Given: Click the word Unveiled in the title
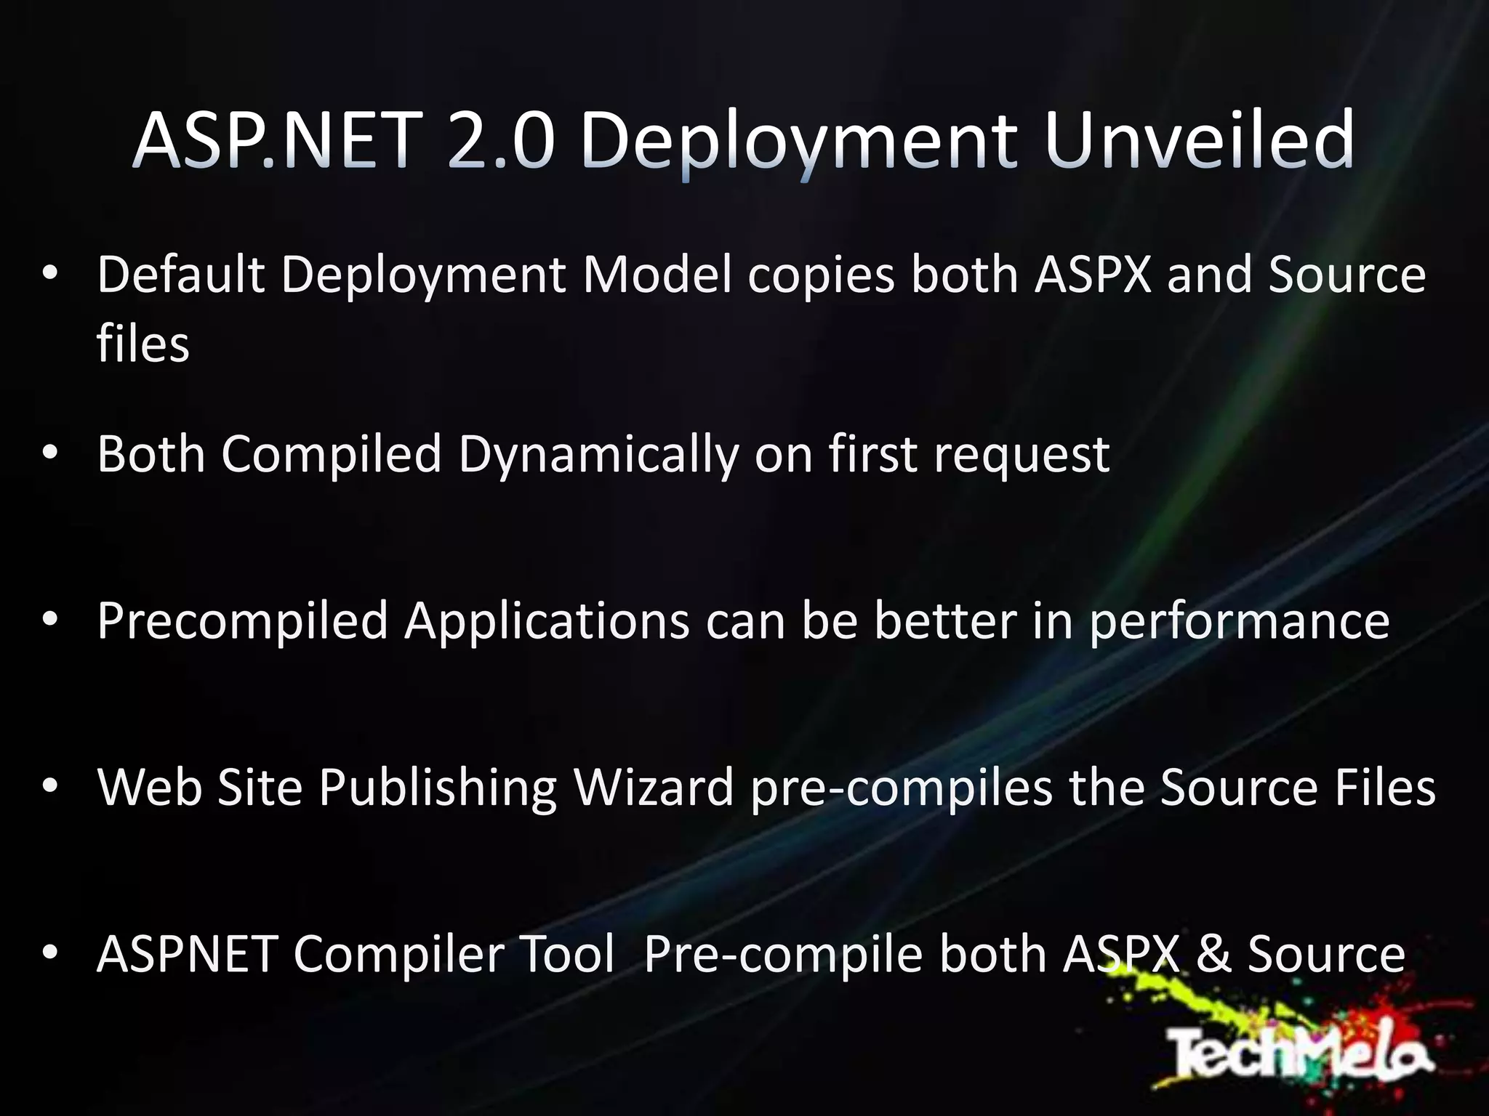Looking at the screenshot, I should tap(1199, 139).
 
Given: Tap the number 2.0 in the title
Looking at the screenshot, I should tap(501, 139).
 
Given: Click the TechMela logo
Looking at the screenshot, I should tap(1301, 1051).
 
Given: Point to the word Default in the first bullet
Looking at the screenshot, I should tap(181, 275).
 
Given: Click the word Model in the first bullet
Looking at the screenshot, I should tap(657, 275).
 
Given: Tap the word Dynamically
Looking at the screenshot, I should tap(598, 454).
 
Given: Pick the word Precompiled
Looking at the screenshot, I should tap(243, 621).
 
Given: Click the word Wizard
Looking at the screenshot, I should tap(654, 787).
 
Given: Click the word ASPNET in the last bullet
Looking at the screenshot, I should tap(187, 954).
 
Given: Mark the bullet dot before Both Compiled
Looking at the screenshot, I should tap(49, 453).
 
